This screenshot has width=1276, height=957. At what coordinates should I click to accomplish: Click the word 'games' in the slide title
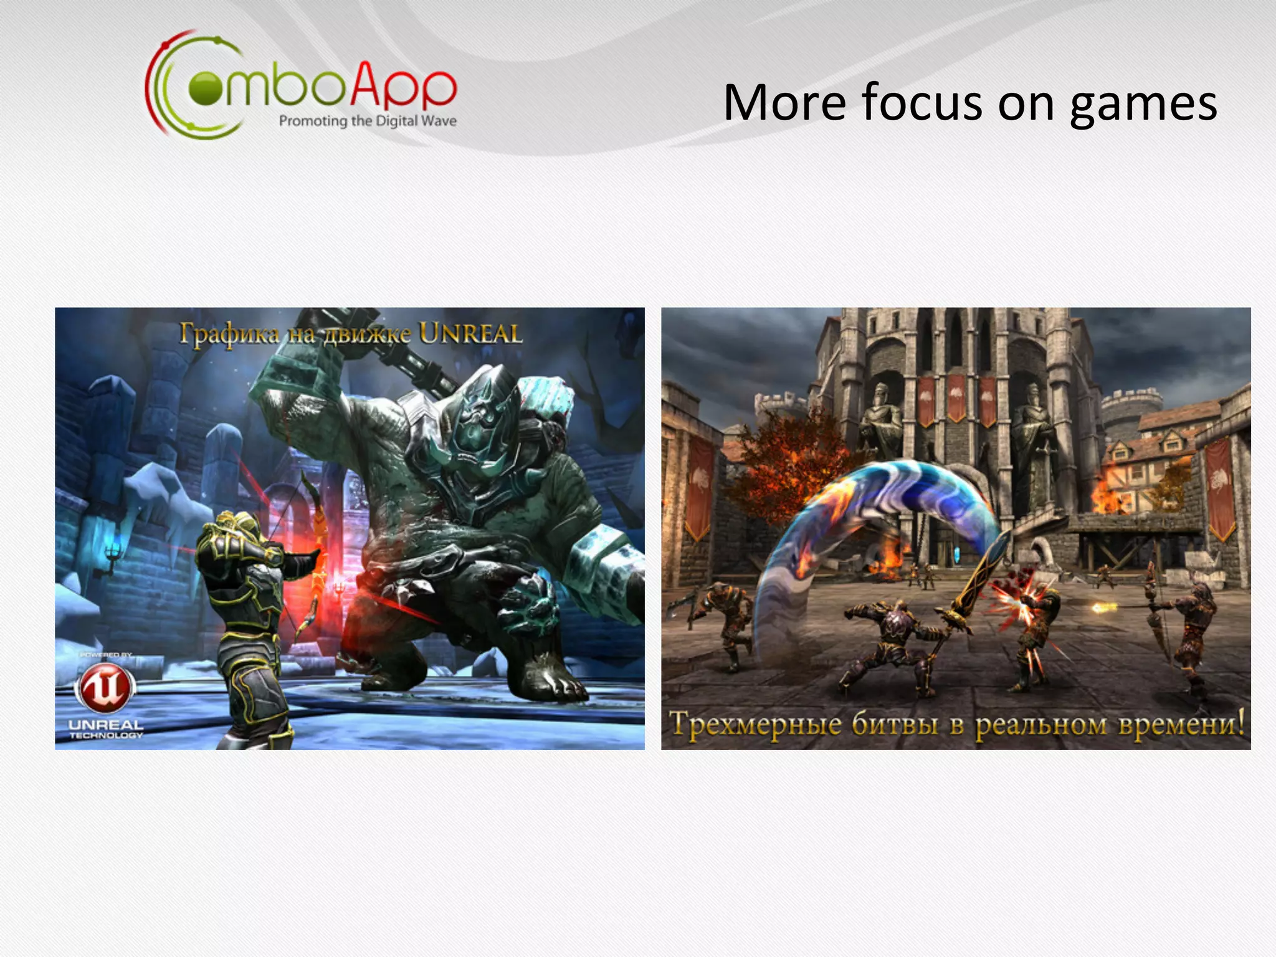point(1143,104)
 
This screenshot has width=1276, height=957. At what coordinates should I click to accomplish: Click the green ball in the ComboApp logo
point(205,89)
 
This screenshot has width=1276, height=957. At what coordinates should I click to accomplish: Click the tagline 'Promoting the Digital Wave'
point(368,121)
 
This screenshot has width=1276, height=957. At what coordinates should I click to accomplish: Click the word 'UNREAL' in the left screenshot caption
point(470,334)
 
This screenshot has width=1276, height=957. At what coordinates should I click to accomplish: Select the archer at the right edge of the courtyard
point(1187,629)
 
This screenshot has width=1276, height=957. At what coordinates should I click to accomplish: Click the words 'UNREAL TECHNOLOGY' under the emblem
point(106,730)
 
